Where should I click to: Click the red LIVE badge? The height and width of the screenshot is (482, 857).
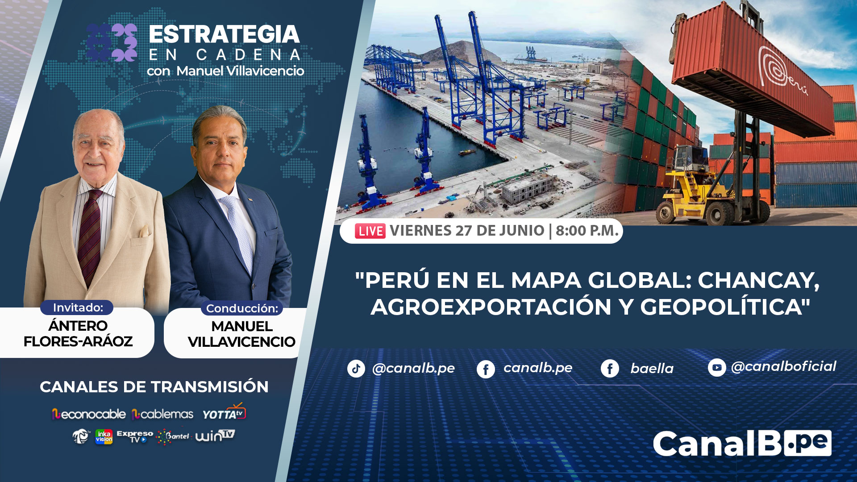[370, 231]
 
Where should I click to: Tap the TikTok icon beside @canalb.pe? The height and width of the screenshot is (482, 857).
[356, 369]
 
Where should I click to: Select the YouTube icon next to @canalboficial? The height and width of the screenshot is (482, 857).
[717, 367]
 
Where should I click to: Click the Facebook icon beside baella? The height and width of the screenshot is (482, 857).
[610, 369]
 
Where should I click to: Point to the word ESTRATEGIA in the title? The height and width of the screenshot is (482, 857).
[224, 34]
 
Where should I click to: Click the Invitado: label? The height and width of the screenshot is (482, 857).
[78, 307]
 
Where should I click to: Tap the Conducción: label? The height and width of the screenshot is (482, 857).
[242, 308]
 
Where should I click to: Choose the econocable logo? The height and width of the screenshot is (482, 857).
[88, 414]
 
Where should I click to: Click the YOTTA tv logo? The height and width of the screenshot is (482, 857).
[224, 412]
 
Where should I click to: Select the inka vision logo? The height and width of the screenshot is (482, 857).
[104, 436]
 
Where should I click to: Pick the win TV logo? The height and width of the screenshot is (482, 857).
[215, 435]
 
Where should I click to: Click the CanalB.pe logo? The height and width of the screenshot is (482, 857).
[742, 444]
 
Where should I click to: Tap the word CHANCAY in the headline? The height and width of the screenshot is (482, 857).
[759, 280]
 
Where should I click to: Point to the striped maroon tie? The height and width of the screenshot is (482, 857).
[91, 237]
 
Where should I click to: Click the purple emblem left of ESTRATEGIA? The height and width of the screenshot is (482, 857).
[112, 42]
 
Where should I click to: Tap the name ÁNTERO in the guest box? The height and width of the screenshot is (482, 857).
[78, 325]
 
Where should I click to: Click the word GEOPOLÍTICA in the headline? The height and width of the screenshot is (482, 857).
[725, 307]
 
